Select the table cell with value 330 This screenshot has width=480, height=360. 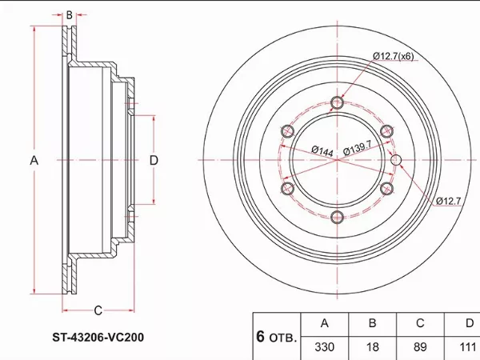click(324, 349)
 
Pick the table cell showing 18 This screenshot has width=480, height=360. click(371, 349)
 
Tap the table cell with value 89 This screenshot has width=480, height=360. click(419, 349)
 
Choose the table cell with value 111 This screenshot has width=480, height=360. click(466, 349)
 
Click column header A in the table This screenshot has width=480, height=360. click(324, 324)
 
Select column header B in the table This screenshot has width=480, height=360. click(371, 324)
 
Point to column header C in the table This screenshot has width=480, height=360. click(419, 324)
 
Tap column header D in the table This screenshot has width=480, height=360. click(468, 324)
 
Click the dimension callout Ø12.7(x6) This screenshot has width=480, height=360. click(394, 55)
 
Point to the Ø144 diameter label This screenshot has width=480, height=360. click(322, 150)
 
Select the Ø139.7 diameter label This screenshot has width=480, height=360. click(358, 150)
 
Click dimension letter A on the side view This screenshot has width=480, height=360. click(34, 160)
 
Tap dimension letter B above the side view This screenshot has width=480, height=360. click(70, 14)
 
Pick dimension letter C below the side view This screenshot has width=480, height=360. click(97, 310)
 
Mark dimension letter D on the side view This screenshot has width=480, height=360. click(154, 160)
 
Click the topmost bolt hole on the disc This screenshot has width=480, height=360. click(337, 102)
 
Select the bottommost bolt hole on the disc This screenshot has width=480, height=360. click(337, 216)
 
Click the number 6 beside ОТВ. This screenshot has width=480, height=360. click(260, 335)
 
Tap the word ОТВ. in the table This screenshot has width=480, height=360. click(282, 337)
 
